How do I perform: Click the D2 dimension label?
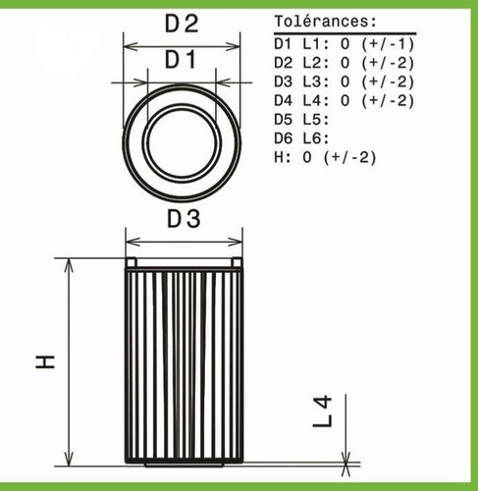click(182, 24)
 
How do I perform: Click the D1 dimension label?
click(181, 60)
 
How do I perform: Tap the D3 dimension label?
click(184, 219)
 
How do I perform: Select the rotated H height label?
click(45, 361)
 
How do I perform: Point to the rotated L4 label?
click(323, 411)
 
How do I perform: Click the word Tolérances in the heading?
click(321, 22)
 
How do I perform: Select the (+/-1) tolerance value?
click(388, 44)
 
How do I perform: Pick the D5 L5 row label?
click(301, 120)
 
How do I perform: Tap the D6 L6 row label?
click(301, 138)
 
